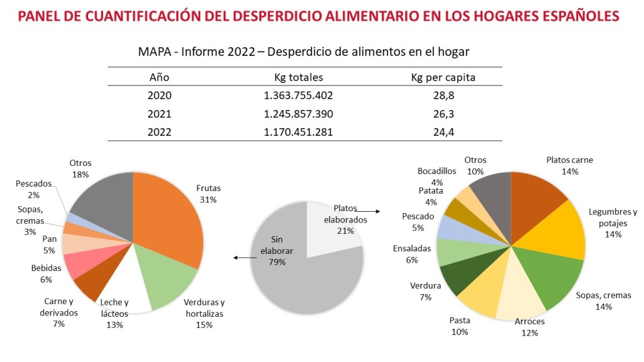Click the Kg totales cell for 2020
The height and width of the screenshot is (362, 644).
click(299, 96)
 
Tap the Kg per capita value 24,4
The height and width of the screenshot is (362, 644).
click(442, 132)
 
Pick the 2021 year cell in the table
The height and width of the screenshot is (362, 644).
click(159, 114)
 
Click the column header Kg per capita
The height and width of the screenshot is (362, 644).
click(442, 77)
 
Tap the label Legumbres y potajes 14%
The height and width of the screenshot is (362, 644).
click(613, 222)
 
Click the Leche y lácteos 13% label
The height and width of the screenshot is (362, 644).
click(114, 313)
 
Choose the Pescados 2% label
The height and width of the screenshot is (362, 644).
click(35, 189)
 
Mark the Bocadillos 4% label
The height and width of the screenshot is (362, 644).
click(438, 177)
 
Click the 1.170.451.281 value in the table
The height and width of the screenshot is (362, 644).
click(299, 132)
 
